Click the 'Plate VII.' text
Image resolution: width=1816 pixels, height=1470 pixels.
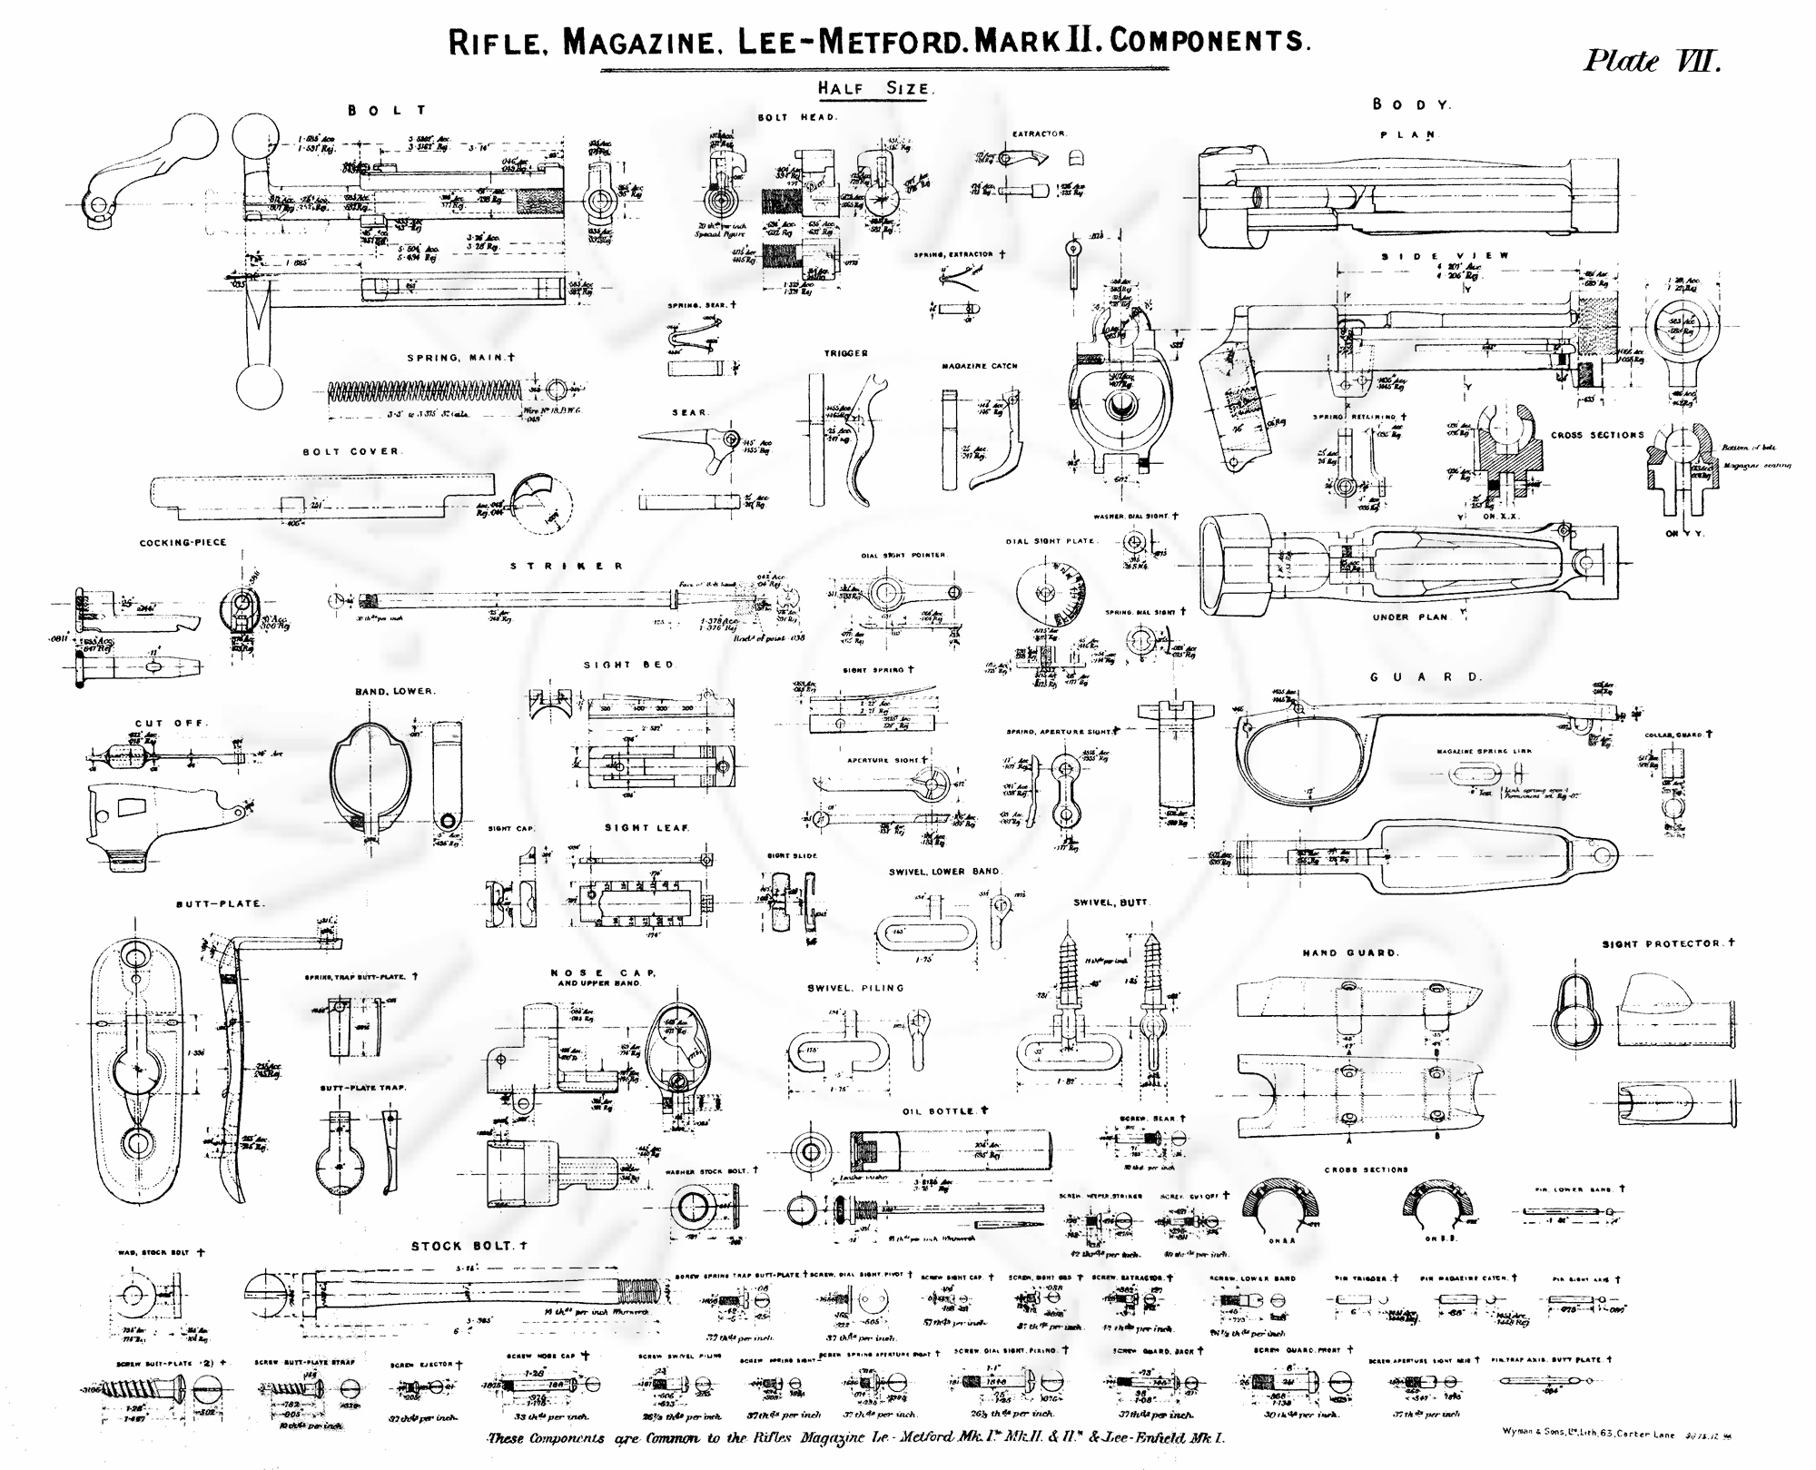[1652, 62]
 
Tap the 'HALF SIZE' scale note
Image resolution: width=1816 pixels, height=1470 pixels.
[873, 89]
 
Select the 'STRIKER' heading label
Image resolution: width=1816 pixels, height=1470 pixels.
[567, 566]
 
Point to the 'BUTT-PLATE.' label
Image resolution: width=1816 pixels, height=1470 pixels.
[221, 903]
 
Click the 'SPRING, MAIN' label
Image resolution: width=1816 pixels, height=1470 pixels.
[460, 358]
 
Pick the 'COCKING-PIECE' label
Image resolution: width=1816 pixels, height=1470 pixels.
[183, 543]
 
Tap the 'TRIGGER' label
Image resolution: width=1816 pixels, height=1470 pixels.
[845, 353]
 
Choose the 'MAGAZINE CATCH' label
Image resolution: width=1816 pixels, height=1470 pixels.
[979, 366]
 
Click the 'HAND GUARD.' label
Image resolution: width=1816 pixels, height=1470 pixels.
[1350, 952]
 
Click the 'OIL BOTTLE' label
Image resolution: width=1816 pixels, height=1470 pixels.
[943, 1111]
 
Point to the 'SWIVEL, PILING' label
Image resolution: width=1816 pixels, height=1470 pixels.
[855, 988]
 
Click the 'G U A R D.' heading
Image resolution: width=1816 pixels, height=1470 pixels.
[1425, 676]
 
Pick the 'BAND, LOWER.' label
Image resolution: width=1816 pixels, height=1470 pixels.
[395, 691]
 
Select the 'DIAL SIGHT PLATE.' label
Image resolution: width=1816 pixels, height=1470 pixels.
[1051, 541]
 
